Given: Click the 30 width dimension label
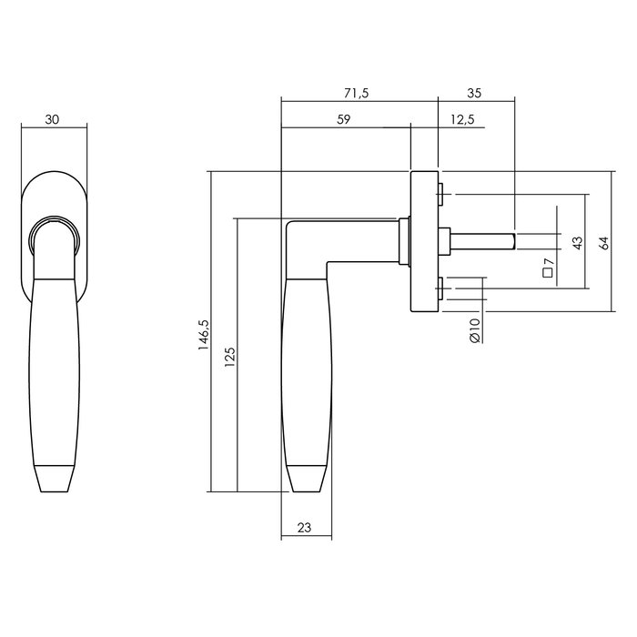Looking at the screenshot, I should pos(54,119).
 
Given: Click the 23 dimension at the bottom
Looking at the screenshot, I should pos(305,527).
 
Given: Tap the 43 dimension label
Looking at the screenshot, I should pos(577,243).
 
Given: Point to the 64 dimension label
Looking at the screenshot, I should pos(603,243).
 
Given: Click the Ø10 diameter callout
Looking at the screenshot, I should pos(475,330).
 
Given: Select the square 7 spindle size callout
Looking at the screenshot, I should pos(548,268).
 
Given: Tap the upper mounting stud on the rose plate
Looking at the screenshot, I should pos(441,194).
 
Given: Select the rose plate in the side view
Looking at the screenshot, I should pos(424,241).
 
